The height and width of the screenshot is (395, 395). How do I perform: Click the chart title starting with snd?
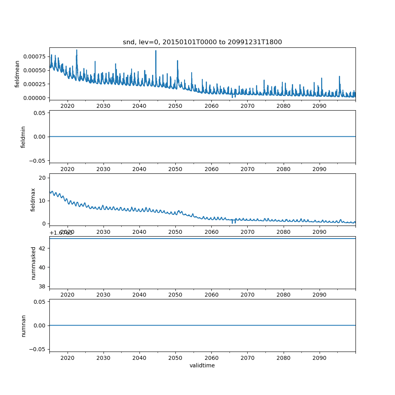[x=202, y=42]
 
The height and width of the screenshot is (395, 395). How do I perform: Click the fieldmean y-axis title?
[x=17, y=74]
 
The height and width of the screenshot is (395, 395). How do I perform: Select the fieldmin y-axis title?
[x=23, y=137]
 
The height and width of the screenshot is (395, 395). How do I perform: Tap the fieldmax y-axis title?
[x=33, y=199]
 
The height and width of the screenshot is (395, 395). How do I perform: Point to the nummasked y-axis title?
[x=34, y=263]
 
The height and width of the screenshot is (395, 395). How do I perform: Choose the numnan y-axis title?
[x=23, y=325]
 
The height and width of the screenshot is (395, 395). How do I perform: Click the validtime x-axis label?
[x=202, y=365]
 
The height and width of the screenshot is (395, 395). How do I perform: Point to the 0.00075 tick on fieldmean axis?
[x=34, y=56]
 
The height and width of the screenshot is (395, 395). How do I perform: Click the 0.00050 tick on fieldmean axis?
[x=34, y=70]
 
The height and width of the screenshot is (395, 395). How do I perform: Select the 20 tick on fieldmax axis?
[x=41, y=178]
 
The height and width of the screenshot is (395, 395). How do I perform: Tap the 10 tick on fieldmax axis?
[x=41, y=201]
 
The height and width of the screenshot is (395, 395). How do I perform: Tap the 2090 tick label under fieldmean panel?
[x=319, y=106]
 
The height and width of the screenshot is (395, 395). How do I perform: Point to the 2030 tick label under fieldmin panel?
[x=103, y=169]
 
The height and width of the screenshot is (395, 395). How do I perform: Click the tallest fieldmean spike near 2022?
[x=77, y=50]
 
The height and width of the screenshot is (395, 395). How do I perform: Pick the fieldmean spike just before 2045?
[x=156, y=51]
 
